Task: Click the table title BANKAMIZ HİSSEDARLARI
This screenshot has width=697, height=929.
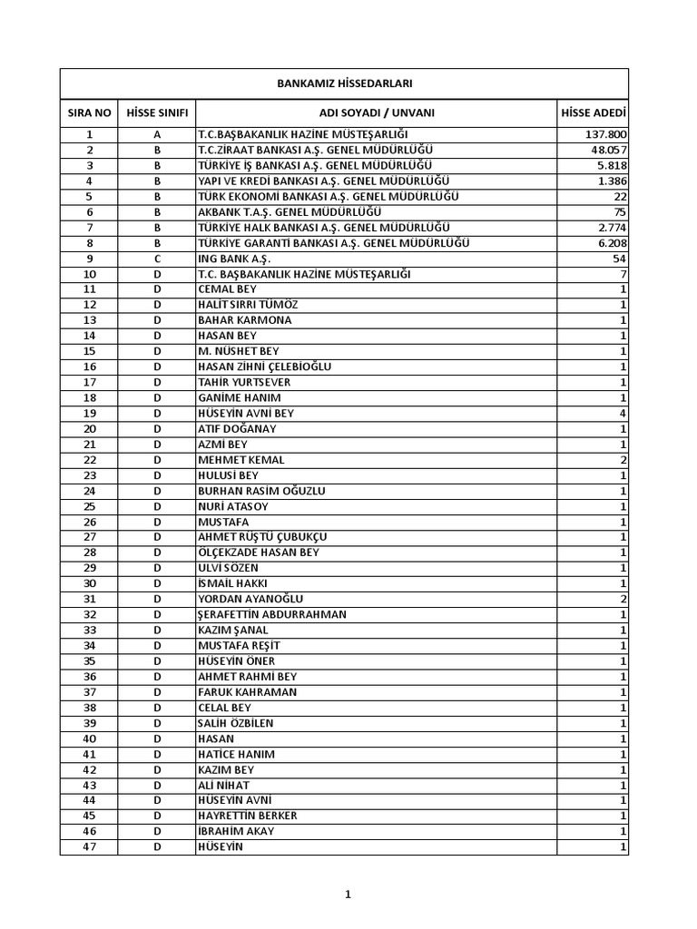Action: coord(344,83)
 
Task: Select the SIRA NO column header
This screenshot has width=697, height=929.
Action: coord(90,113)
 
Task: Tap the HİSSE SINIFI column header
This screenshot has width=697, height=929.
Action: coord(157,113)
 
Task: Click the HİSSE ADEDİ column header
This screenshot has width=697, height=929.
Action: coord(594,113)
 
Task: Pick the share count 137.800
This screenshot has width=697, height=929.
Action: coord(606,134)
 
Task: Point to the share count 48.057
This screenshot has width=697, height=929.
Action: coord(608,150)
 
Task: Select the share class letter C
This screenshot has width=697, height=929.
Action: coord(157,259)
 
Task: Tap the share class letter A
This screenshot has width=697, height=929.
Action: coord(157,134)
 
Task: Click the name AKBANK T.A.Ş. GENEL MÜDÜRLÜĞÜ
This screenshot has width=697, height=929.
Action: coord(289,211)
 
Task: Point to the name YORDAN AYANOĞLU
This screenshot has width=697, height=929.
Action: coord(250,599)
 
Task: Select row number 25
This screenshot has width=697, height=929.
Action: coord(90,506)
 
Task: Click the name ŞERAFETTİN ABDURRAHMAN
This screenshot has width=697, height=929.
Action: coord(272,614)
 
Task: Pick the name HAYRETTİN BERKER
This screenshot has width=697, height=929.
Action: coord(248,816)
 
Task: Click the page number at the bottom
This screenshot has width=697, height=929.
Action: coord(348,895)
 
